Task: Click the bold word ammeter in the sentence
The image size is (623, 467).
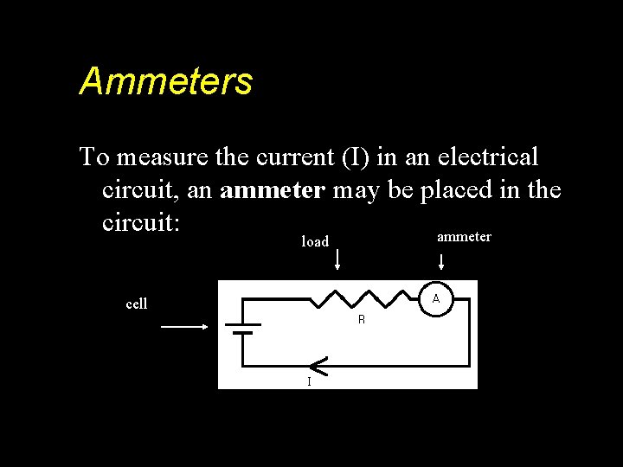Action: tap(273, 190)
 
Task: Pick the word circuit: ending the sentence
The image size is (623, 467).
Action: tap(141, 222)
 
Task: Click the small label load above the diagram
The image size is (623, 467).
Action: tap(315, 242)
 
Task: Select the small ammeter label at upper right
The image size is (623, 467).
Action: tap(464, 237)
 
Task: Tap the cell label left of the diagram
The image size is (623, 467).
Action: tap(137, 304)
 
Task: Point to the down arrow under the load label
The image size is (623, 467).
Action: tap(337, 259)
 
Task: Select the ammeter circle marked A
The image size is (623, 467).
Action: tap(436, 298)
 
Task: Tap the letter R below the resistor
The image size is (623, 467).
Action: tap(362, 320)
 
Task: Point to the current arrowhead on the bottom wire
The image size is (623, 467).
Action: tap(318, 366)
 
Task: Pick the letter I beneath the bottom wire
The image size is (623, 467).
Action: tap(309, 381)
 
